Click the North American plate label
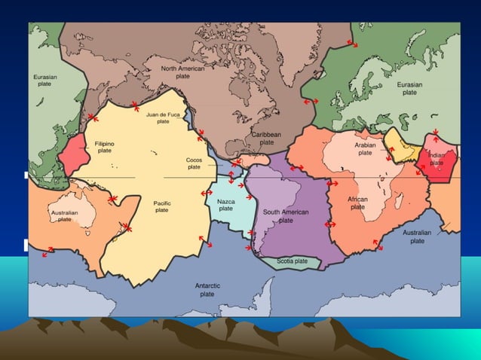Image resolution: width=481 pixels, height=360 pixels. click(182, 72)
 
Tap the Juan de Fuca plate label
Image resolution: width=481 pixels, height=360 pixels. click(163, 117)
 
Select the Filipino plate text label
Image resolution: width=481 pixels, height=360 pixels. click(105, 146)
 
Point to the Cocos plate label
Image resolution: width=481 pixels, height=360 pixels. click(194, 163)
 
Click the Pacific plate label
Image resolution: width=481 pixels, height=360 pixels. click(162, 206)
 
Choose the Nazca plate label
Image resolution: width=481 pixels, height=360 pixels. click(225, 205)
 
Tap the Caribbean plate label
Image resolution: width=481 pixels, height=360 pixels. click(266, 138)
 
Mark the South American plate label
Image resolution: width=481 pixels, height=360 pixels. click(286, 216)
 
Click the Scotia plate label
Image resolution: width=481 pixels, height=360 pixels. click(292, 261)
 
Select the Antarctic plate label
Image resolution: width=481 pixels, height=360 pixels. click(207, 290)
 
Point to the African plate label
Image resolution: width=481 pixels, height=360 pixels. click(357, 203)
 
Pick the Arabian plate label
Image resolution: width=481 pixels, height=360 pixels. click(365, 148)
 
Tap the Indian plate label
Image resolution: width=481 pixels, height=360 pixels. click(437, 158)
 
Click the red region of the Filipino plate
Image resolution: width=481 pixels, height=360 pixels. click(77, 157)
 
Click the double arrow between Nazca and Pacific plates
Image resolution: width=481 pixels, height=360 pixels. click(207, 194)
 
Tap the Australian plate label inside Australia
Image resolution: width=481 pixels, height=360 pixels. click(64, 216)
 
